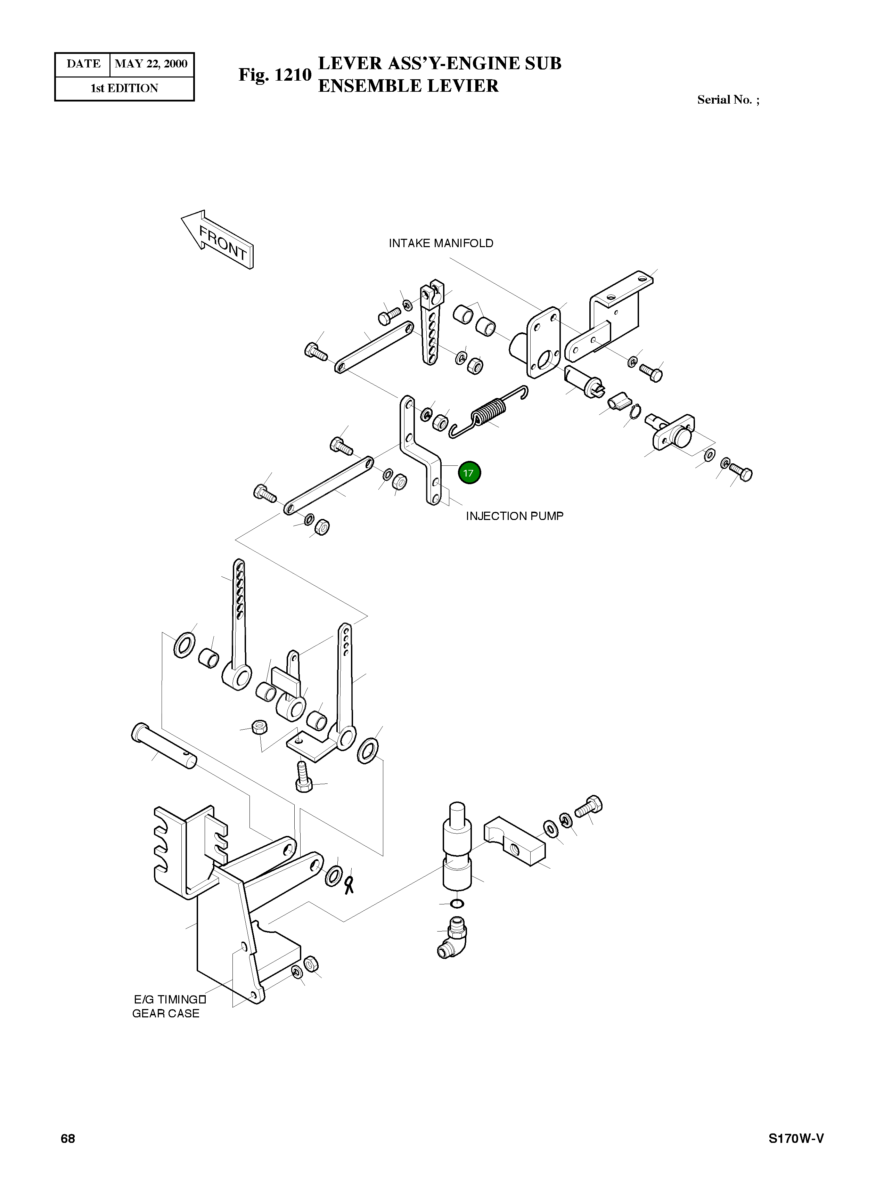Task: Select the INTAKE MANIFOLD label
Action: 441,243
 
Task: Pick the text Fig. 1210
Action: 275,75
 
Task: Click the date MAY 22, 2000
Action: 151,64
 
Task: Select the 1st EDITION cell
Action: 125,89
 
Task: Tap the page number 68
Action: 68,1139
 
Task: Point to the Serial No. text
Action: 728,100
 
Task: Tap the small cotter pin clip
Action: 349,884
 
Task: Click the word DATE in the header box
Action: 83,64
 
